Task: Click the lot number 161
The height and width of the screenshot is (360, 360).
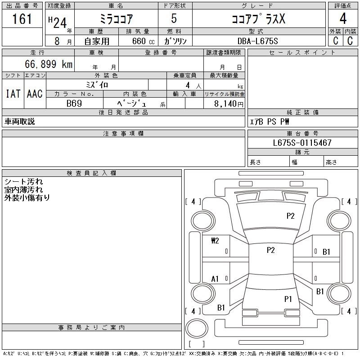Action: coord(22,18)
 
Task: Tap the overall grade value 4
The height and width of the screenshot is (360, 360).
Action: coord(343,18)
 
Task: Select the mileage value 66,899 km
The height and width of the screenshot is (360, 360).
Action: coord(49,64)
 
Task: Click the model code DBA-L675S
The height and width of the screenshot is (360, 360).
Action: coord(257,41)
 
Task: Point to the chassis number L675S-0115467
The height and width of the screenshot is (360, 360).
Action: coord(302,143)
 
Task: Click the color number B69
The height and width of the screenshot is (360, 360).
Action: coord(74,103)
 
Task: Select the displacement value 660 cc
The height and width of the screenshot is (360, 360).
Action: coord(143,41)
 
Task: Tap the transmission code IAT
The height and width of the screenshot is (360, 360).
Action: coord(13,94)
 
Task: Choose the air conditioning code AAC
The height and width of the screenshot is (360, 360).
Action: coord(35,94)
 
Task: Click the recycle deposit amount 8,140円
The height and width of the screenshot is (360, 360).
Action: coord(229,104)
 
